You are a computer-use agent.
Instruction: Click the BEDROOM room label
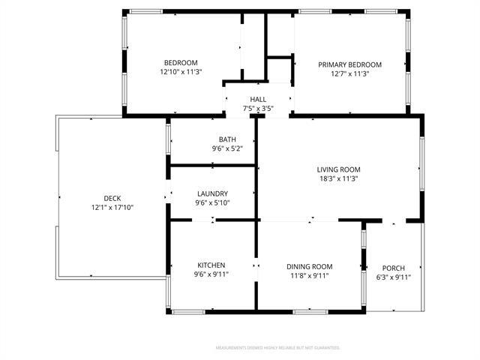pyautogui.click(x=181, y=62)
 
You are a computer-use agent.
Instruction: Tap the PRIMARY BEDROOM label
pyautogui.click(x=349, y=64)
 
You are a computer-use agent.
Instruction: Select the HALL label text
pyautogui.click(x=258, y=99)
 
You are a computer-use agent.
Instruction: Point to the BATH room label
pyautogui.click(x=227, y=139)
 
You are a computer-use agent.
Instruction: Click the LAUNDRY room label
pyautogui.click(x=212, y=193)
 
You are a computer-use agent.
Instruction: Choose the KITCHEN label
pyautogui.click(x=211, y=265)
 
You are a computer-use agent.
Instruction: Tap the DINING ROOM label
pyautogui.click(x=310, y=266)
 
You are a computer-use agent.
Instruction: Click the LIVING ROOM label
pyautogui.click(x=338, y=169)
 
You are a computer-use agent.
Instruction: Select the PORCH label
pyautogui.click(x=393, y=268)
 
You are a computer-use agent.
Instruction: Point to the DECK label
pyautogui.click(x=112, y=198)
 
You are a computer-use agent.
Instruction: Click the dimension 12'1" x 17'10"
pyautogui.click(x=112, y=207)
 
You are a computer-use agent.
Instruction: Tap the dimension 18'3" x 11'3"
pyautogui.click(x=338, y=178)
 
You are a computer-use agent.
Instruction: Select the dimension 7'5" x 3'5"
pyautogui.click(x=258, y=108)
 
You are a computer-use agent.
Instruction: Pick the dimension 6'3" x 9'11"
pyautogui.click(x=393, y=277)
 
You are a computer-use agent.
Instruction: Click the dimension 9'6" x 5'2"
pyautogui.click(x=227, y=148)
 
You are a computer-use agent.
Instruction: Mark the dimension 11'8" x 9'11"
pyautogui.click(x=310, y=275)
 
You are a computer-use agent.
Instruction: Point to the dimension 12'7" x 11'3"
pyautogui.click(x=349, y=73)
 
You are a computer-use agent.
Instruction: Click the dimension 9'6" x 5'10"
pyautogui.click(x=212, y=202)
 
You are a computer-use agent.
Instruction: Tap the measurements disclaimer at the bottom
pyautogui.click(x=277, y=348)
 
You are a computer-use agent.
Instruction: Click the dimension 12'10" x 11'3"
pyautogui.click(x=181, y=71)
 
